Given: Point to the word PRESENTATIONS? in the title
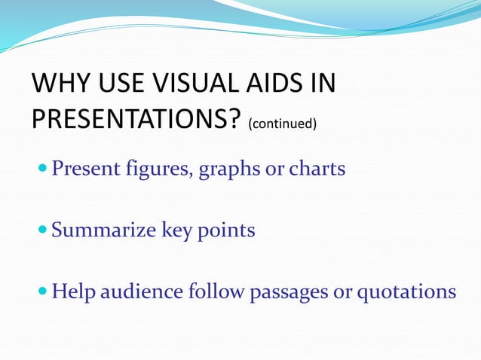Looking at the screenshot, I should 136,118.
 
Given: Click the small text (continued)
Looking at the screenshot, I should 281,122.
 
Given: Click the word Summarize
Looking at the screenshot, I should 104,230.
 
